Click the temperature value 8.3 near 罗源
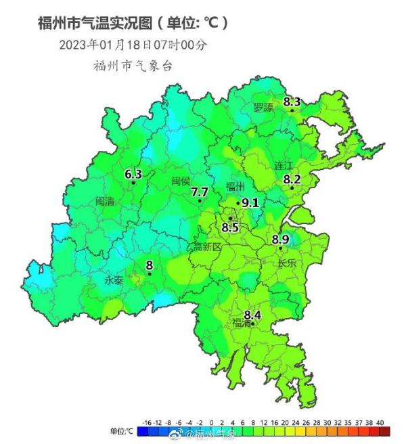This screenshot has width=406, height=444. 292,102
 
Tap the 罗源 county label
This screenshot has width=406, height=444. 263,108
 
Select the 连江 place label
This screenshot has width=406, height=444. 284,166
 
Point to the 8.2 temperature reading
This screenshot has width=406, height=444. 292,179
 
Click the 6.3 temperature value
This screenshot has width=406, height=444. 133,174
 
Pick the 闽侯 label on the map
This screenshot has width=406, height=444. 181,181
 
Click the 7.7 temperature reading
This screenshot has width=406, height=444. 199,193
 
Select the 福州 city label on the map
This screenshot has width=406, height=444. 235,187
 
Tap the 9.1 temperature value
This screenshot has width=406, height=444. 250,202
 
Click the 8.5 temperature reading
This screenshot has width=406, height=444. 230,227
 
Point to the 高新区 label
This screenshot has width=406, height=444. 208,246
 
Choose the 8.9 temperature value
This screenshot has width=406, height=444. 281,239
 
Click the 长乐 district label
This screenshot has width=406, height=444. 287,264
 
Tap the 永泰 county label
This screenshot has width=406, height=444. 113,279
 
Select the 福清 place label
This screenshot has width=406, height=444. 242,323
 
